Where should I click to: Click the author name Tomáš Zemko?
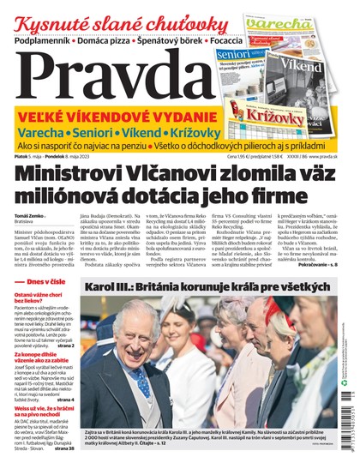click(x=29, y=215)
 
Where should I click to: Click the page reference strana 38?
click(x=65, y=448)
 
